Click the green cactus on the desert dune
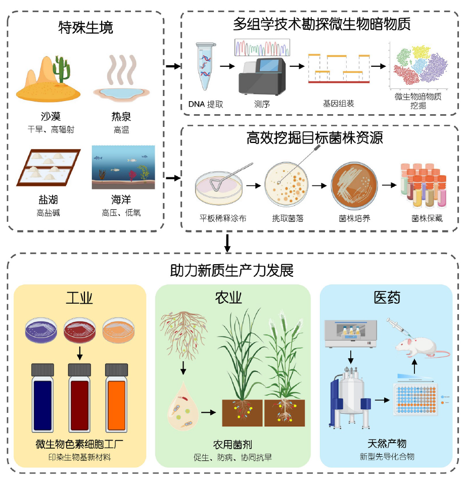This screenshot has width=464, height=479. pos(61,70)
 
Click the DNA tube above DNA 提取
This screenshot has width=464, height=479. pos(204,66)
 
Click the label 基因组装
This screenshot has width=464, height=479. pos(338,104)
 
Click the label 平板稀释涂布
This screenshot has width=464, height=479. pos(223,218)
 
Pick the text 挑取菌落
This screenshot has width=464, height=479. pos(288,218)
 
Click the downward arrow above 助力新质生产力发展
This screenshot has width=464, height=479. pos(227,243)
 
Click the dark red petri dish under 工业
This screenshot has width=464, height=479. pos(80,328)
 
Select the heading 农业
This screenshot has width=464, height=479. pos(232,298)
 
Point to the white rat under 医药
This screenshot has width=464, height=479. pos(419,348)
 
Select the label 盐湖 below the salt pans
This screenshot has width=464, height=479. pos(48,200)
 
